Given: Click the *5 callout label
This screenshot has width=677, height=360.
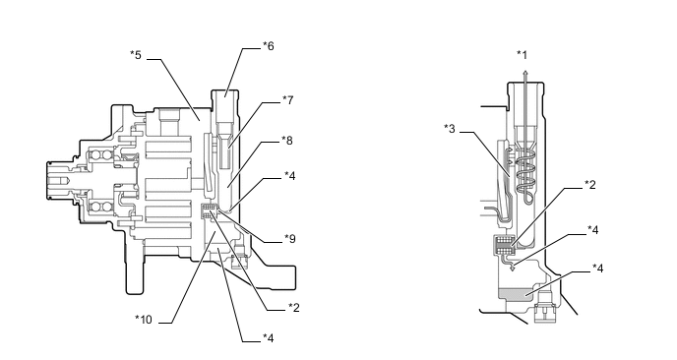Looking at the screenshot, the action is point(136,55).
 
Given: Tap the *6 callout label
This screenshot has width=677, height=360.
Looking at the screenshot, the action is point(269,46).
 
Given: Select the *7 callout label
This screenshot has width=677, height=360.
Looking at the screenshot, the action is point(288,100).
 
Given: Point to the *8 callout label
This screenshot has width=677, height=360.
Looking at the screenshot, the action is point(287,141).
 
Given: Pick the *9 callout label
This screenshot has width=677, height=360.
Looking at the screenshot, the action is point(290,239).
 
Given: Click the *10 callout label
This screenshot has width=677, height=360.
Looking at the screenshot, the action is point(144,320).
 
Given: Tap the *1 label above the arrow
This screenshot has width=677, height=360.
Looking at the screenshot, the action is point(523,55).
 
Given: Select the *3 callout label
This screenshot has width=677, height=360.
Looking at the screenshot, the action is point(450,129).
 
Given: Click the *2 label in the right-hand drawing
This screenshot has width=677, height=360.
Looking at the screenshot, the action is point(590,185).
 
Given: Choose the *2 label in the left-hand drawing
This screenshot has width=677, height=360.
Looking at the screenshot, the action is point(294,307).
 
